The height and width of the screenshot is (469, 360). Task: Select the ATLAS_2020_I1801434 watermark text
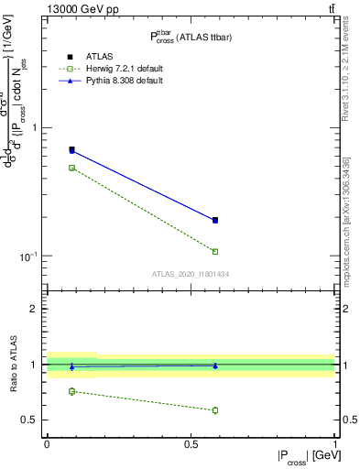coord(191,274)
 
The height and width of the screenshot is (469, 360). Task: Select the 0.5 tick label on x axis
coord(191,442)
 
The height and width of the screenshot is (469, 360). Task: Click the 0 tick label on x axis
coord(47,442)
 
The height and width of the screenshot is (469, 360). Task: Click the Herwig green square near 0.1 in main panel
coord(72,168)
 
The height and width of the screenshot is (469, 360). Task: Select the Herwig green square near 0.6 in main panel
coord(215,251)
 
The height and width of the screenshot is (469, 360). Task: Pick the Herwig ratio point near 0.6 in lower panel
coord(215,409)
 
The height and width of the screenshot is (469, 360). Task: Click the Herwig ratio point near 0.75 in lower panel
coord(72,391)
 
